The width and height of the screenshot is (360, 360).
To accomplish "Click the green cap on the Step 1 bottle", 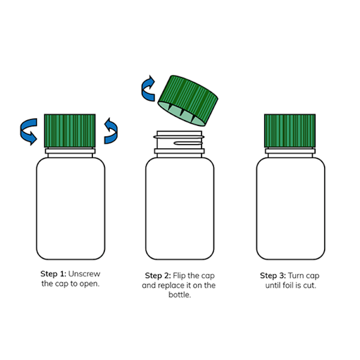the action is click(70, 131).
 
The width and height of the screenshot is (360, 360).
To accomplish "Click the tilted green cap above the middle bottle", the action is click(188, 101).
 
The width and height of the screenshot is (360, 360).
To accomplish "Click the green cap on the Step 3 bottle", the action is click(290, 131).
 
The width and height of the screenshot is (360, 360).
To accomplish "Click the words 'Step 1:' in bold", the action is click(53, 274).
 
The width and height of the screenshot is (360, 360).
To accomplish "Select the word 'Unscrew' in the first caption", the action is click(84, 274).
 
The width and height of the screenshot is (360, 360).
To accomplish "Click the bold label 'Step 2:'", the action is click(158, 276).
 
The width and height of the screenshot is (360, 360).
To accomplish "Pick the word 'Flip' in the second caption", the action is click(179, 276).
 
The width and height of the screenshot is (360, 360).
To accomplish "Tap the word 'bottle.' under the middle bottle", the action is click(180, 294).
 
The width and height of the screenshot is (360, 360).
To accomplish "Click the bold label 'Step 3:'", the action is click(273, 276).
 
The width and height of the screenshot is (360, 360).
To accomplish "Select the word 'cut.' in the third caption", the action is click(310, 285).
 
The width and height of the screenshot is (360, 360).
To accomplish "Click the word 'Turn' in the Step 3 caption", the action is click(296, 276).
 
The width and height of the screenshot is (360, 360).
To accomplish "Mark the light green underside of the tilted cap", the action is click(180, 113).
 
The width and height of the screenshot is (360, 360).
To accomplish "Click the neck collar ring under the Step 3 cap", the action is click(290, 151).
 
